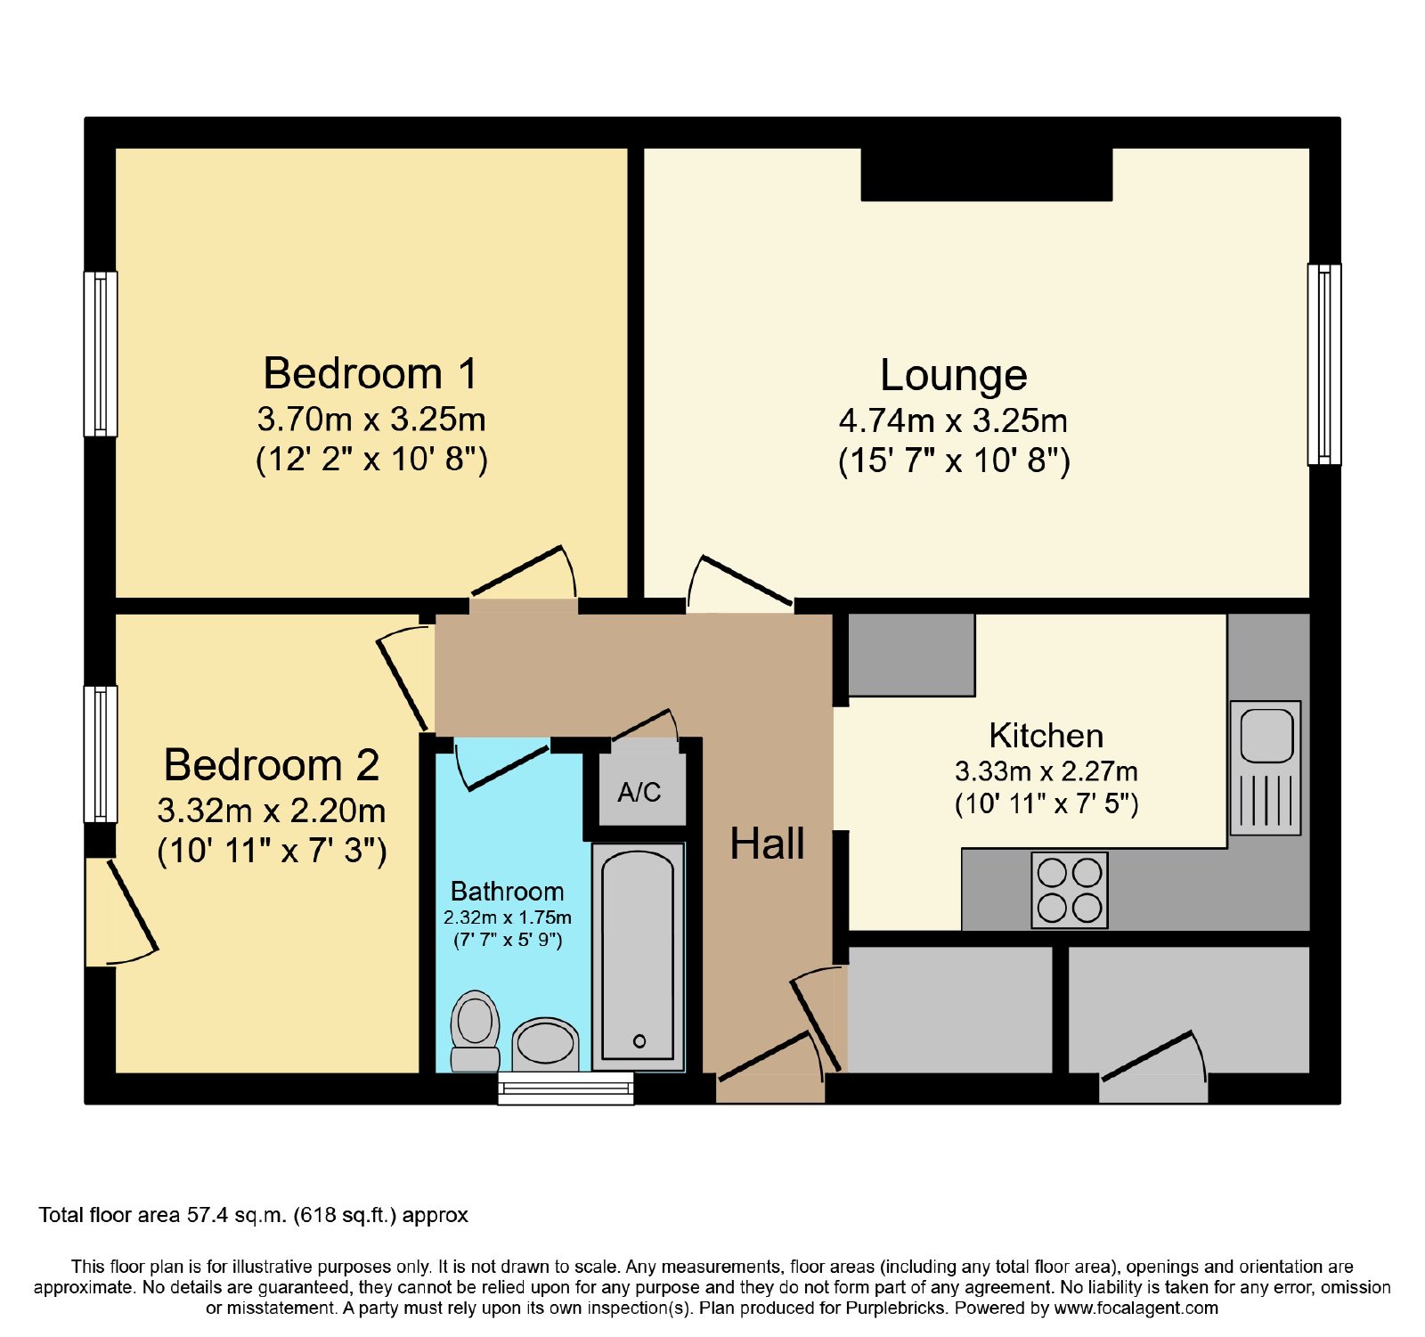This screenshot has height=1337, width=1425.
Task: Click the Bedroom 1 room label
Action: click(370, 373)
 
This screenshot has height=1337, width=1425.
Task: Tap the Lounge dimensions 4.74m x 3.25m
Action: click(953, 420)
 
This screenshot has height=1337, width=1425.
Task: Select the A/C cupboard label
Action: click(639, 792)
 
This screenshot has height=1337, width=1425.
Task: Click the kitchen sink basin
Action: click(1266, 736)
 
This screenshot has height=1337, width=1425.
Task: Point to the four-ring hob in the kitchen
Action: click(1070, 890)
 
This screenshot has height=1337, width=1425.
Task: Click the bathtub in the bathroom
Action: click(638, 956)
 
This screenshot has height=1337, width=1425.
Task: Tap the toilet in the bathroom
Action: click(475, 1031)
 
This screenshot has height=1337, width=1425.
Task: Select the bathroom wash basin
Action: click(545, 1044)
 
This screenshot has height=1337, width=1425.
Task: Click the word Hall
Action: click(767, 844)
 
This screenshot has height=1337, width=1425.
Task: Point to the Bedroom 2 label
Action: click(272, 765)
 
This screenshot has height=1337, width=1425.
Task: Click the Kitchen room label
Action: click(1046, 736)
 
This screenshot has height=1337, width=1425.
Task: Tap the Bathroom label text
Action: click(507, 891)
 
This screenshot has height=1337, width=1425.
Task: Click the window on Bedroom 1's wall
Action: click(101, 354)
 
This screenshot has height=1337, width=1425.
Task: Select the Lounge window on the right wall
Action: click(1324, 364)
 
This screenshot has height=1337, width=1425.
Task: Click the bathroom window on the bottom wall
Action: click(566, 1088)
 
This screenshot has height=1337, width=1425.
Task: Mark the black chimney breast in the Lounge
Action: click(987, 174)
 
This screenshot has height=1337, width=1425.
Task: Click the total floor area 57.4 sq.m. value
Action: click(236, 1215)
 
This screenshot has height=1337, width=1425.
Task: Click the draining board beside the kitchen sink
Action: click(1266, 801)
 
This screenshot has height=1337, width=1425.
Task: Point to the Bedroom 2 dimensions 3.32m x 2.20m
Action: click(272, 811)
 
